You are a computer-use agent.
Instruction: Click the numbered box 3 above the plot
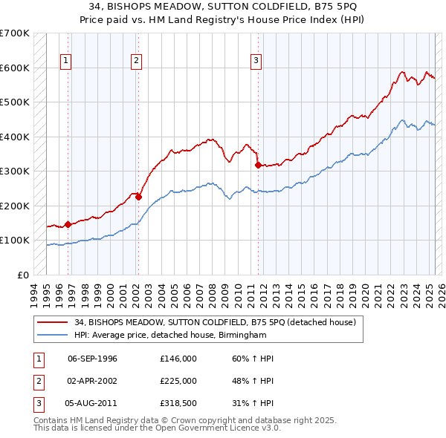pyautogui.click(x=256, y=61)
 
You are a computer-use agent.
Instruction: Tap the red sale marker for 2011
pyautogui.click(x=257, y=165)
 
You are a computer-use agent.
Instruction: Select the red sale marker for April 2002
pyautogui.click(x=138, y=197)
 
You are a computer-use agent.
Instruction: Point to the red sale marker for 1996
pyautogui.click(x=68, y=223)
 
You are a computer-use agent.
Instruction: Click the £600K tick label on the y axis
pyautogui.click(x=15, y=68)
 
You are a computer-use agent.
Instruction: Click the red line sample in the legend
pyautogui.click(x=52, y=322)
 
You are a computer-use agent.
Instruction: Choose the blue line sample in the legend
pyautogui.click(x=52, y=335)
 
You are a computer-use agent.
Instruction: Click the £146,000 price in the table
pyautogui.click(x=178, y=359)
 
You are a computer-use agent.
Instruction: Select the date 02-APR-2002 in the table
pyautogui.click(x=93, y=381)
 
